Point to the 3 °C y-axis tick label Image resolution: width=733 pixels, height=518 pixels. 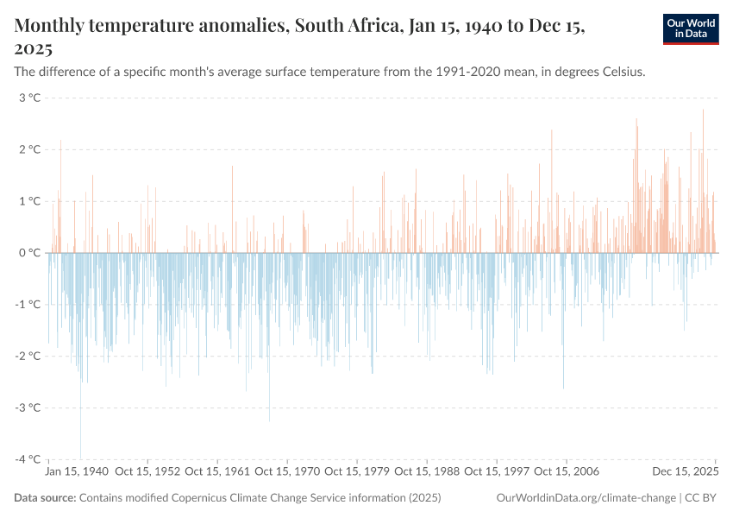(29, 98)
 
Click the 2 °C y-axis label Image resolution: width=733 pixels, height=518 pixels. (29, 149)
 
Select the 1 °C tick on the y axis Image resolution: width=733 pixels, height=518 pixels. (29, 201)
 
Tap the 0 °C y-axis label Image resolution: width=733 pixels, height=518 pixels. (29, 253)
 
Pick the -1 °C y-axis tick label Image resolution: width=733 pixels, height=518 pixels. (28, 304)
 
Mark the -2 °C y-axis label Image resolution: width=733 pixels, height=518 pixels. (28, 356)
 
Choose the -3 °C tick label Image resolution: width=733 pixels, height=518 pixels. (28, 407)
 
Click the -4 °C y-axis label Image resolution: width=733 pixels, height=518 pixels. (28, 459)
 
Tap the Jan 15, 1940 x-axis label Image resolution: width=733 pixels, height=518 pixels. (77, 472)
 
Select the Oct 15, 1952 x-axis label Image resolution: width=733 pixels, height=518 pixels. (147, 472)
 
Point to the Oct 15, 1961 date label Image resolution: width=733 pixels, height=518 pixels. (217, 472)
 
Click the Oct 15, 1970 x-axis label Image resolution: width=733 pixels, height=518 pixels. (287, 472)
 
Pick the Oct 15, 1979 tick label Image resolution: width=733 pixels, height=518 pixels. (357, 472)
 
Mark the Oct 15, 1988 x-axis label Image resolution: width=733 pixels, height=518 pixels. (427, 472)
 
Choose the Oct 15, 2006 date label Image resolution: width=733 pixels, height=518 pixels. (567, 472)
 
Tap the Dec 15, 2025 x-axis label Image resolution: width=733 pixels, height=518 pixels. (685, 472)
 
